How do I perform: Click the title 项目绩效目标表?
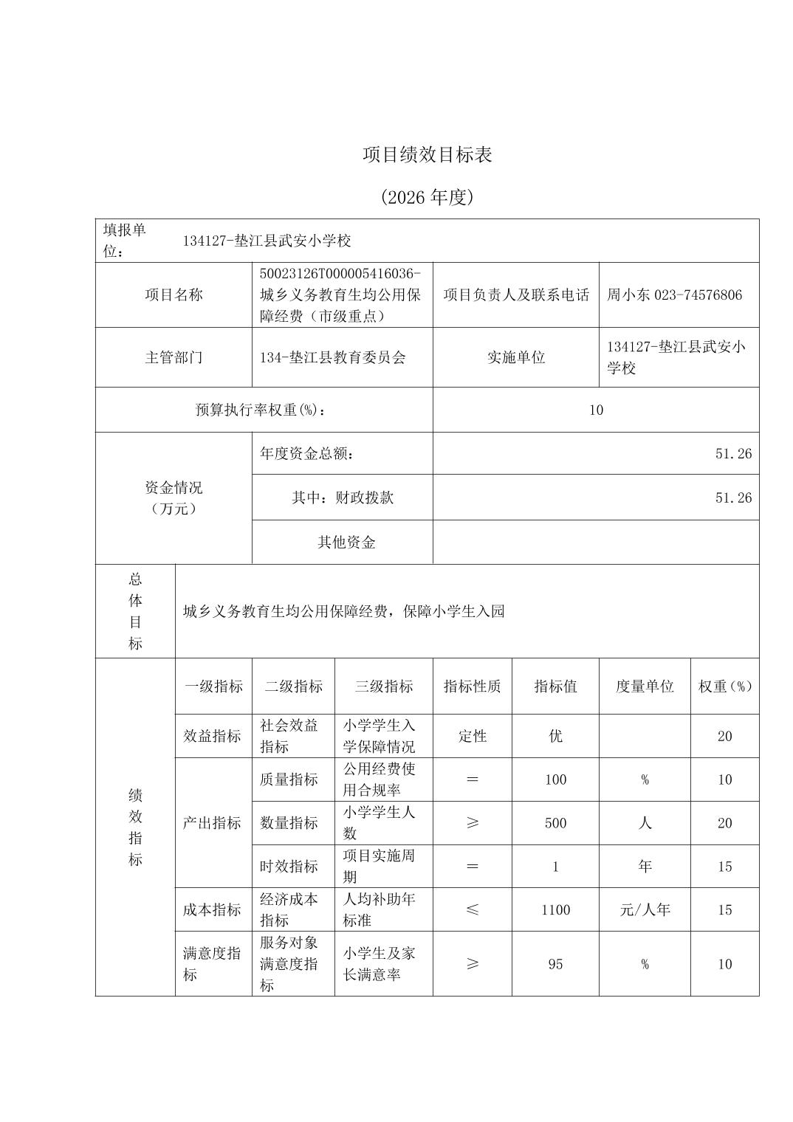[427, 155]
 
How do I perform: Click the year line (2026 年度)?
[427, 198]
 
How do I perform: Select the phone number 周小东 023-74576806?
[674, 295]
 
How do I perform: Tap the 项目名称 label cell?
[174, 295]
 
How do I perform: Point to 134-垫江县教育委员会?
[332, 358]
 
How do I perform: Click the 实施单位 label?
[515, 358]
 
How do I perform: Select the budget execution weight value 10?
[596, 410]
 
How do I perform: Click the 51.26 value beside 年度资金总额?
[733, 454]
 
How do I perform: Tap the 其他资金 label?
[346, 543]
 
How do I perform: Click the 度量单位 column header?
[645, 686]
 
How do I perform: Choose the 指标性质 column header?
[472, 686]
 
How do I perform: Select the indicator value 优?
[555, 736]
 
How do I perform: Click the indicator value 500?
[555, 823]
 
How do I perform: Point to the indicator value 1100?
[555, 910]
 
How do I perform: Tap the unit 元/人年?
[645, 910]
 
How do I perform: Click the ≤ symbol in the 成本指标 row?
[472, 910]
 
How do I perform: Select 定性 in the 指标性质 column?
[472, 736]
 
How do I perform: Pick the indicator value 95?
[555, 964]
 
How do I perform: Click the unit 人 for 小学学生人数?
[645, 823]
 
